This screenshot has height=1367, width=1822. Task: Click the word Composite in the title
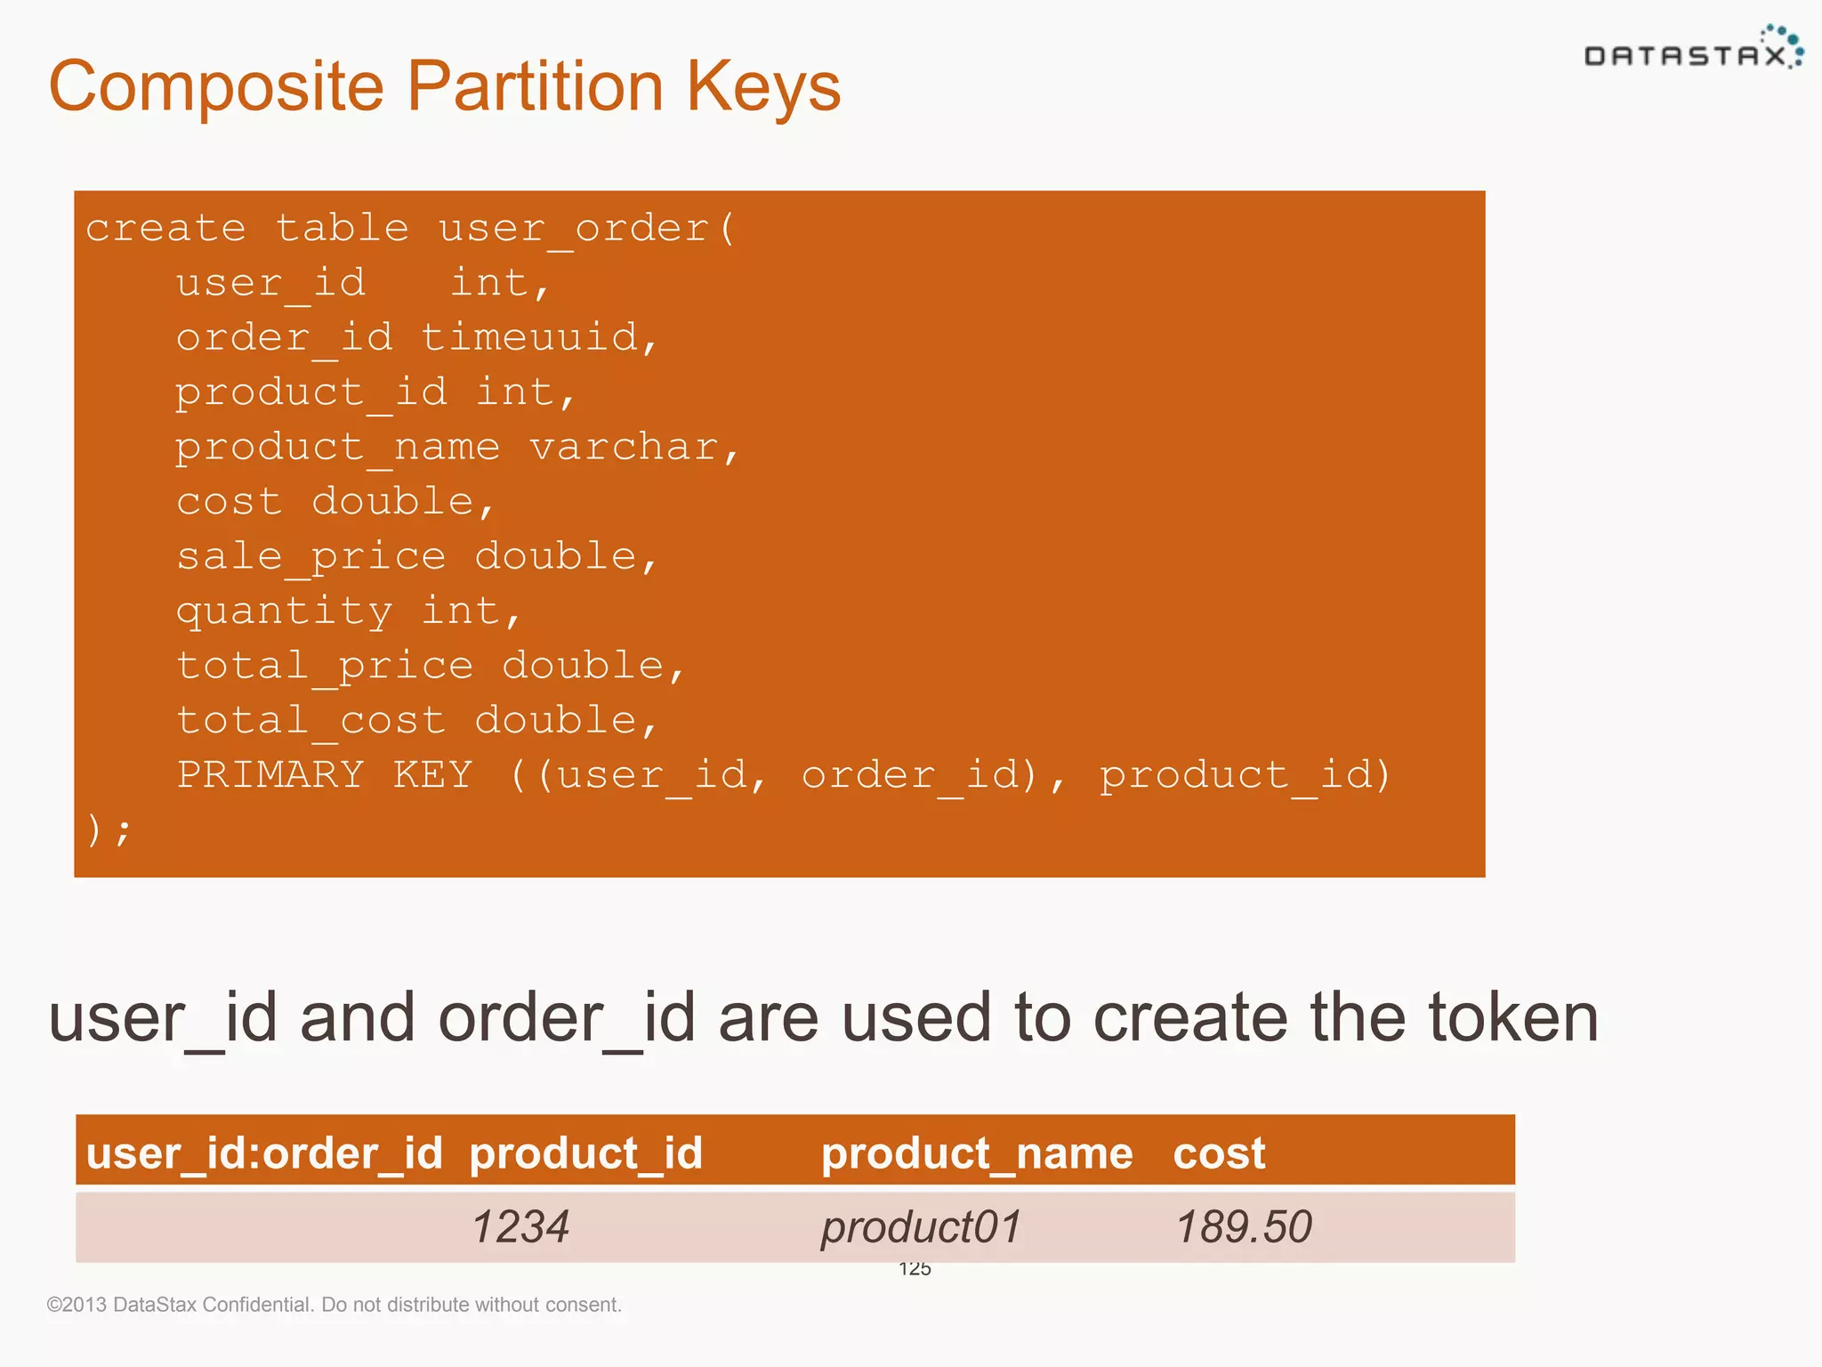(x=216, y=87)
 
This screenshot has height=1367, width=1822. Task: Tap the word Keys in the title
(x=762, y=87)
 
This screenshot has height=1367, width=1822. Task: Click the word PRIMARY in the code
(x=270, y=774)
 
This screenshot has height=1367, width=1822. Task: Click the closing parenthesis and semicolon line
(x=109, y=829)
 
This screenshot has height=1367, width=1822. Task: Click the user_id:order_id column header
(x=264, y=1153)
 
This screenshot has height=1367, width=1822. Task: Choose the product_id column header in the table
(x=585, y=1153)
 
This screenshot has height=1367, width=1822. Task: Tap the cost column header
(x=1219, y=1153)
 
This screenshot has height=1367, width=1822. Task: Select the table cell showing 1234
(x=520, y=1226)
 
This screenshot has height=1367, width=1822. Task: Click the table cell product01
(x=921, y=1226)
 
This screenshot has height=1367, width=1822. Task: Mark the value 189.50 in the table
(x=1244, y=1226)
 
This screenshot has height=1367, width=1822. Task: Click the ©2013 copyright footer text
(x=334, y=1305)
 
